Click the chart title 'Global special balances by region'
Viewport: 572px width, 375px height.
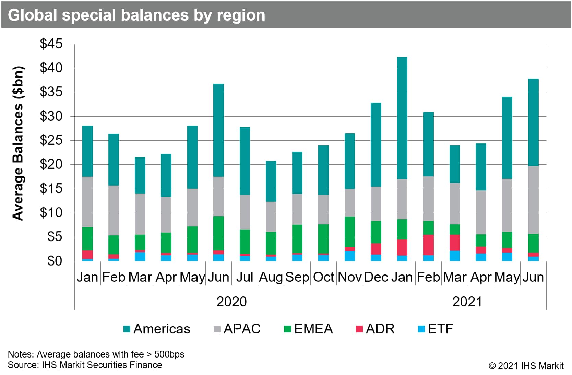(x=136, y=15)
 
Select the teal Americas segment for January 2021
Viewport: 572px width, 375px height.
(x=402, y=118)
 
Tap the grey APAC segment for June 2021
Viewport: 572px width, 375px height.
(x=533, y=200)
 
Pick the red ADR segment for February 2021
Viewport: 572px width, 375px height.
(x=428, y=245)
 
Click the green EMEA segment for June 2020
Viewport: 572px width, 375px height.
(x=218, y=234)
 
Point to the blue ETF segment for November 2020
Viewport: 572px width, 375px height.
(x=349, y=256)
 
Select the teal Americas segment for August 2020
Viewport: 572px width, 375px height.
(x=271, y=181)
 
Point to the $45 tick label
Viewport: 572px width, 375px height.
(x=51, y=44)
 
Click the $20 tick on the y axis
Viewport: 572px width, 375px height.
(x=51, y=164)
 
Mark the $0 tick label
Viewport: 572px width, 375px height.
(x=55, y=261)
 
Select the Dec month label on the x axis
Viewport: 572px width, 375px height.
(x=376, y=277)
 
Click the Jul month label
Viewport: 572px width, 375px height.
(x=245, y=277)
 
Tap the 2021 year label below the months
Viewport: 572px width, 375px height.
(x=467, y=302)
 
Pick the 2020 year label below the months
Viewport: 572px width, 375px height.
(x=231, y=302)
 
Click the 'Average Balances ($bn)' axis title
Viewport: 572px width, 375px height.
(x=18, y=143)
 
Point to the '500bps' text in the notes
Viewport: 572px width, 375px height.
(x=169, y=354)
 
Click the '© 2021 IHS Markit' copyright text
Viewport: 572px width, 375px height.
(x=526, y=366)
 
